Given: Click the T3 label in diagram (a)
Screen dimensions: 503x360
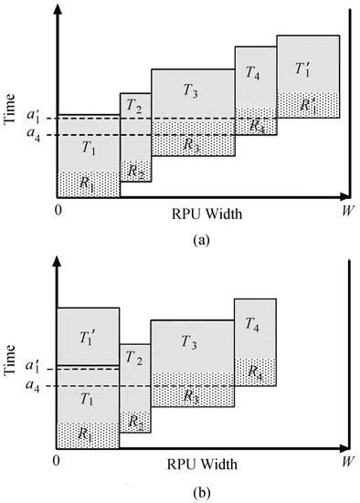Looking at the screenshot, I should coord(190,90).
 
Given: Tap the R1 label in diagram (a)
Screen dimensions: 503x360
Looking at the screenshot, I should coord(88,183).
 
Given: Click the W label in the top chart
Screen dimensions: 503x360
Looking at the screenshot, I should coord(348,212).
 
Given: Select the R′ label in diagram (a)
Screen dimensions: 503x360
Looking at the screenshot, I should coord(307,107).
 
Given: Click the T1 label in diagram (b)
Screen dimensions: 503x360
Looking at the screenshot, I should coord(88,398).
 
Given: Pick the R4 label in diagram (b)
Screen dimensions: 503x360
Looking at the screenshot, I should coord(256,372).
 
